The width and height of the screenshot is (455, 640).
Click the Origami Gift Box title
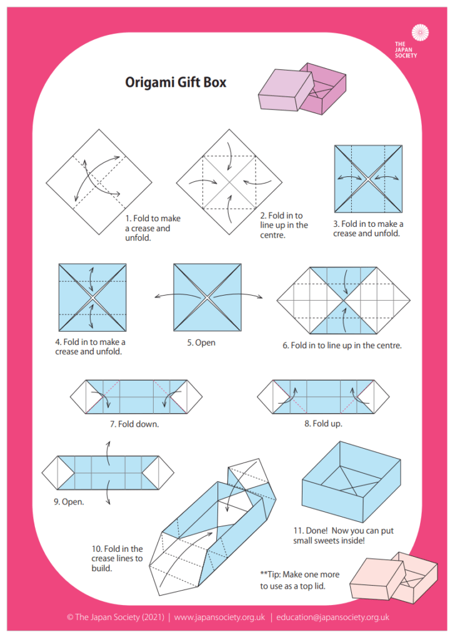(x=176, y=82)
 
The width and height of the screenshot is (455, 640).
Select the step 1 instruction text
(x=153, y=228)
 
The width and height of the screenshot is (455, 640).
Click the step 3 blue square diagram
(x=367, y=178)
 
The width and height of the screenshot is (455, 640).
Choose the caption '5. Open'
(x=201, y=342)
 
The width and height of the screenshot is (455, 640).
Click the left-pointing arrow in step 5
(x=161, y=296)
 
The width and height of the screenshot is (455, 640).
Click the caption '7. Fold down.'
(x=134, y=424)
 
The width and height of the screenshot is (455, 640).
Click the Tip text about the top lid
(x=297, y=579)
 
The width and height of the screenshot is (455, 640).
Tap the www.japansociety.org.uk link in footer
(x=219, y=617)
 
